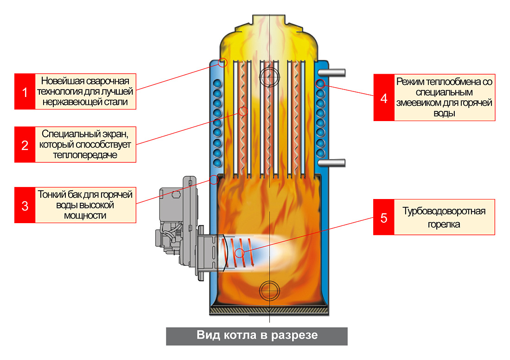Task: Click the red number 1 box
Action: click(25, 91)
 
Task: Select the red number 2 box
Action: click(25, 145)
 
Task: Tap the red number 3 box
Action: click(25, 205)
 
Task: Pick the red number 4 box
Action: click(384, 97)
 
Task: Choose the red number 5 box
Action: click(384, 217)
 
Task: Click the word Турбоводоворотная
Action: click(444, 211)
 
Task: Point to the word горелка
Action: click(444, 224)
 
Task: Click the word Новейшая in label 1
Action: click(62, 80)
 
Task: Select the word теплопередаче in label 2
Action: click(85, 155)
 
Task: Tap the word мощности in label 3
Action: click(85, 215)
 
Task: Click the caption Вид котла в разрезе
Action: click(257, 335)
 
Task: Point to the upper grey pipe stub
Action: click(331, 72)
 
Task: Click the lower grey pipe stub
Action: click(331, 162)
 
